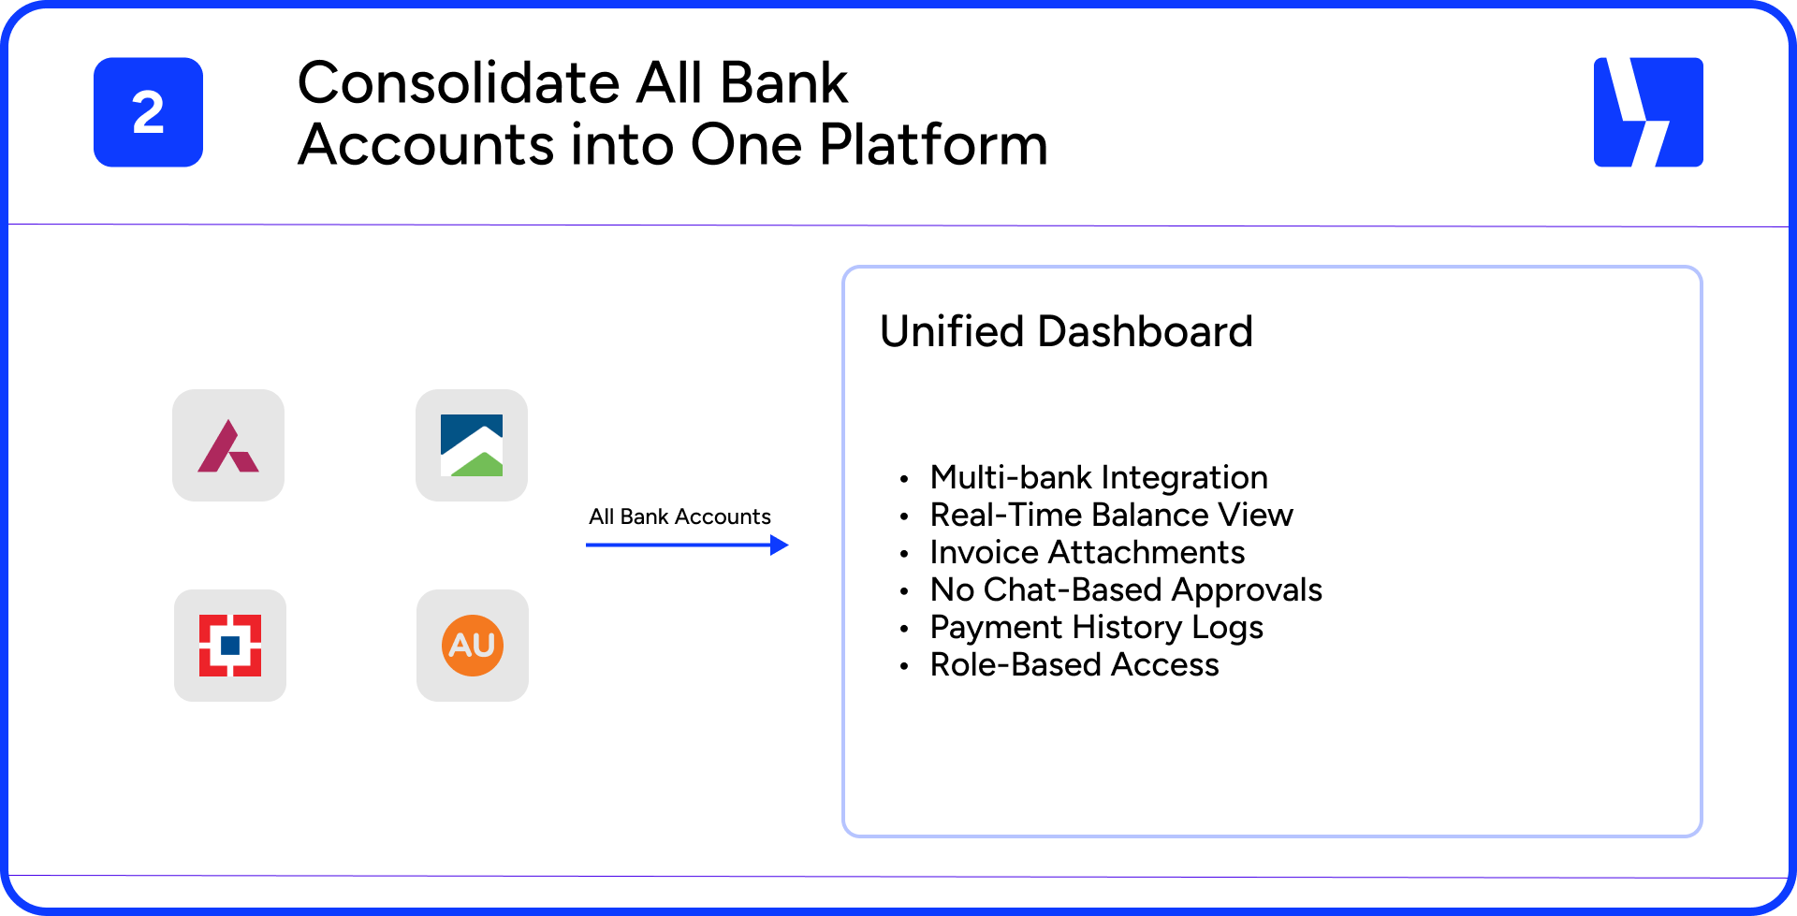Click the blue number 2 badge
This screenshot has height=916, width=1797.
coord(148,112)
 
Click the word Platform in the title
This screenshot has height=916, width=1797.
coord(933,145)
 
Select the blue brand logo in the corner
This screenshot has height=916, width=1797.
coord(1647,112)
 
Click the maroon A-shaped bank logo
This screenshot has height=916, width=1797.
coord(228,446)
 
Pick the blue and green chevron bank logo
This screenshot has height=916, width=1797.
coord(472,445)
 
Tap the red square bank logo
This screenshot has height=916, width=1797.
coord(230,646)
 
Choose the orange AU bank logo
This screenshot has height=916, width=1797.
coord(473,646)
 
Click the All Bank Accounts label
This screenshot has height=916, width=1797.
coord(679,516)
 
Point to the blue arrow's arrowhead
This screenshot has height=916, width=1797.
coord(780,545)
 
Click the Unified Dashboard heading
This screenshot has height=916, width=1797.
coord(1066,331)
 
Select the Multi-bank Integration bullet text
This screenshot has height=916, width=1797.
coord(1099,477)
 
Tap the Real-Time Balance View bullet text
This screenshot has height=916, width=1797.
coord(1111,515)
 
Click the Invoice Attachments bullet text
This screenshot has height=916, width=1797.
coord(1087,552)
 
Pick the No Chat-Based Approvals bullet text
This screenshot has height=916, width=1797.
coord(1126,589)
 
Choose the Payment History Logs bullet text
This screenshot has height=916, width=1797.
coord(1096,627)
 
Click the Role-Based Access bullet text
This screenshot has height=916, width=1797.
coord(1074,664)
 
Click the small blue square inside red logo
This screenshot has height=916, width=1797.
coord(230,646)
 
